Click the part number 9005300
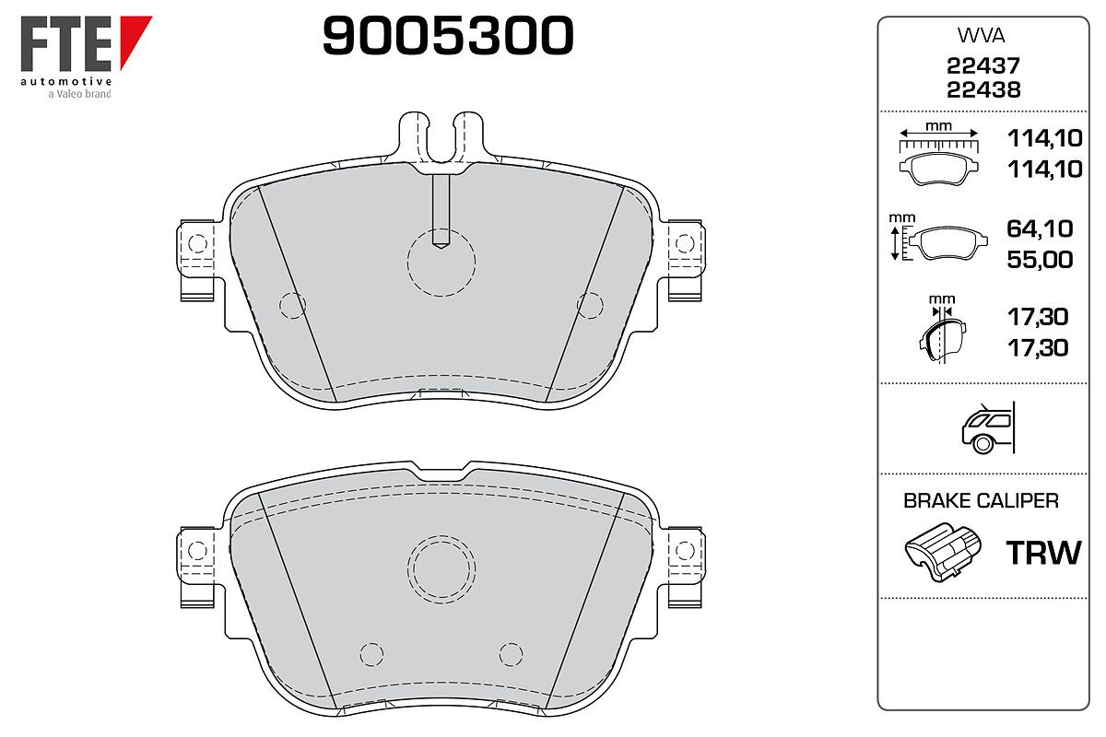[448, 35]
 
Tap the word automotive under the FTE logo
[66, 81]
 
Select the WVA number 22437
[983, 65]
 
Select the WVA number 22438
[983, 90]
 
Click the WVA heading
[981, 36]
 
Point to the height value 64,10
[1040, 228]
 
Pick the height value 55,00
[1040, 260]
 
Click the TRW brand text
[1043, 553]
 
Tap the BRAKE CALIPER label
[981, 500]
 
